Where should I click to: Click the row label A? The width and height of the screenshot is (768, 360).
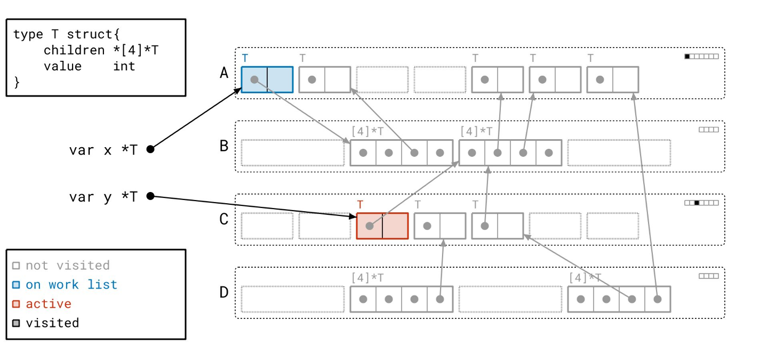(x=225, y=73)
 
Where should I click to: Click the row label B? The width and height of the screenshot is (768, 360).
(x=225, y=146)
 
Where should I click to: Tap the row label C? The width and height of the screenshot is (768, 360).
(x=225, y=219)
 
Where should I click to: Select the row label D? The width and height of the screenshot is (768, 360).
(x=225, y=292)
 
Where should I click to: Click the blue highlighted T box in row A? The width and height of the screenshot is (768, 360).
(x=267, y=79)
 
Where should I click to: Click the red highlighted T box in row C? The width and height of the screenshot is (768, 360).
(x=382, y=226)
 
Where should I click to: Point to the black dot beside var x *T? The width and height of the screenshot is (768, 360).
(x=150, y=149)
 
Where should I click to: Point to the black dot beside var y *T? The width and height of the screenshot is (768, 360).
(x=150, y=196)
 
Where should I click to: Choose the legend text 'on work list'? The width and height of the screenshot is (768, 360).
(x=71, y=285)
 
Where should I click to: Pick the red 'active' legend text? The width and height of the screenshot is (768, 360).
(x=49, y=304)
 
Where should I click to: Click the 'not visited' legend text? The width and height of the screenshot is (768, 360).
(x=68, y=266)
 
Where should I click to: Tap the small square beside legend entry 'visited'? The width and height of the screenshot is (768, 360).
(x=16, y=323)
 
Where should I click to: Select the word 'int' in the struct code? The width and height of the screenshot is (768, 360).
(x=124, y=66)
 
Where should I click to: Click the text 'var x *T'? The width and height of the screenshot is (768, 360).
(x=103, y=150)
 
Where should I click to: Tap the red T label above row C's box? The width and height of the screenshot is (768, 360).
(x=360, y=204)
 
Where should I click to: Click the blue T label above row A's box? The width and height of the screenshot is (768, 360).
(x=245, y=58)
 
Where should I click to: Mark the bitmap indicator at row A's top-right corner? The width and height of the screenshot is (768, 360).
(x=701, y=57)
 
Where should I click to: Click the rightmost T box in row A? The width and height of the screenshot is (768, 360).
(x=612, y=79)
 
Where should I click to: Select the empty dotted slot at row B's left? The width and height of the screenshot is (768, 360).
(x=292, y=153)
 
